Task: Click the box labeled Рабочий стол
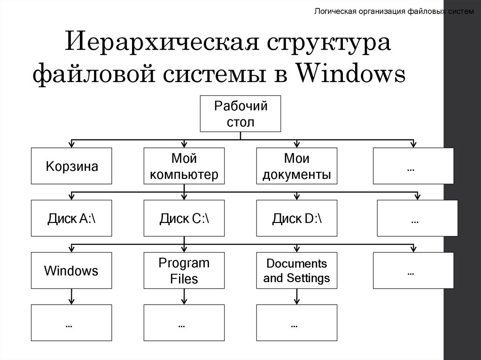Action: point(240,114)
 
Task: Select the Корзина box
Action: point(71,166)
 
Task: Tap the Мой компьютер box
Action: point(184,166)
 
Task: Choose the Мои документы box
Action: point(296,166)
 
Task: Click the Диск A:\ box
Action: point(71,218)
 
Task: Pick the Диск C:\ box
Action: point(184,218)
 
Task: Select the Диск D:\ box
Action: point(296,218)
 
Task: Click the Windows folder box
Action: point(71,270)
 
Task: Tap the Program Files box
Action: point(184,270)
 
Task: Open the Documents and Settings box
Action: point(296,270)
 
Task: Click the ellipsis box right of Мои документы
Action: point(413,166)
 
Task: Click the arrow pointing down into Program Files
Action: point(184,248)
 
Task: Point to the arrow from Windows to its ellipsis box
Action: point(71,296)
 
